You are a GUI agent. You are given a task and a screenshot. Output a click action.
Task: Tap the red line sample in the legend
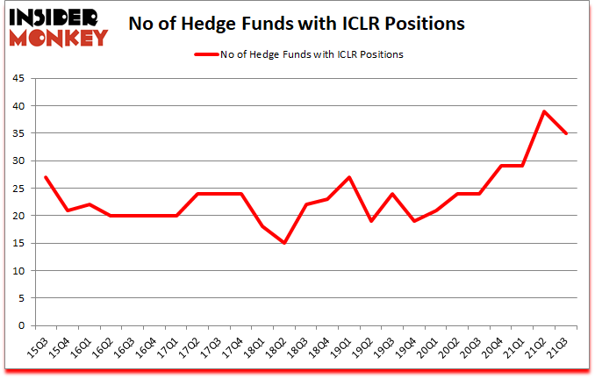pos(209,54)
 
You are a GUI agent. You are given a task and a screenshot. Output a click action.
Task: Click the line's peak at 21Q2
pos(545,111)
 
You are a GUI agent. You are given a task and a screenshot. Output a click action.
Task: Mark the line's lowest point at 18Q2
pos(284,243)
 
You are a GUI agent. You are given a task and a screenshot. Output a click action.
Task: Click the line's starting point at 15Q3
pos(45,177)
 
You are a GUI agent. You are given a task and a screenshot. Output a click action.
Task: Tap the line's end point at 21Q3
pos(567,133)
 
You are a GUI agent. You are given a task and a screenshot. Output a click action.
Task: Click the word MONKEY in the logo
pos(59,37)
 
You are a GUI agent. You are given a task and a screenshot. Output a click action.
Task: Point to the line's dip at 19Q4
pos(414,221)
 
